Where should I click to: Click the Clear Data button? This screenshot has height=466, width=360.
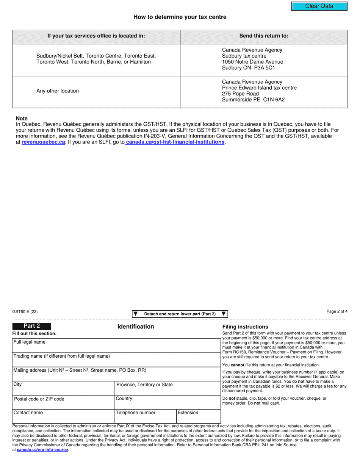pos(319,6)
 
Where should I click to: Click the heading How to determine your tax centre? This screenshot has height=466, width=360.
pos(180,17)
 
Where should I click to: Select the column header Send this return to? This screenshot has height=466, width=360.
pos(263,36)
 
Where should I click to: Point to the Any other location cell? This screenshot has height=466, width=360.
pos(58,91)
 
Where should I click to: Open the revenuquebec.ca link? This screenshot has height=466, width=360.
pos(43,142)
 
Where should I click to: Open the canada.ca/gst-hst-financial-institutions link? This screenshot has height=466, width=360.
pos(175,142)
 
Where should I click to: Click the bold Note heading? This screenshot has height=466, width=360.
pos(22,119)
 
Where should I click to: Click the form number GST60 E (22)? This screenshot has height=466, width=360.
pos(25,312)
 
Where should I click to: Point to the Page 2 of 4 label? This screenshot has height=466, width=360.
pos(337,312)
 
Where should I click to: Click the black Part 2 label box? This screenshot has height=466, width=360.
pos(32,326)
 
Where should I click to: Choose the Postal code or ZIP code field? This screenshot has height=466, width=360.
pos(63,402)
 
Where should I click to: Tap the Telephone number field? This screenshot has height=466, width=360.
pos(145,416)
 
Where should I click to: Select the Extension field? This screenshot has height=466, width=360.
pos(198,416)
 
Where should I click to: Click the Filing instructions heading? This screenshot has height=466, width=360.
pos(245,327)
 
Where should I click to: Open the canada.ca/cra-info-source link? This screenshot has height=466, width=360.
pos(42,450)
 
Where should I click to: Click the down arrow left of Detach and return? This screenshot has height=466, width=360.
pos(135,314)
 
